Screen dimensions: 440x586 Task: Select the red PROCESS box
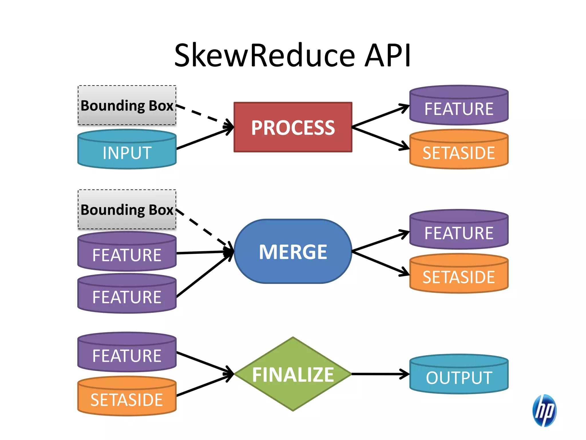point(293,127)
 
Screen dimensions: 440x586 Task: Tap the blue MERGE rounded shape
point(293,252)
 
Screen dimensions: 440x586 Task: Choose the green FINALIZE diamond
point(293,374)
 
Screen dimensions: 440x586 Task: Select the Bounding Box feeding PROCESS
point(127,105)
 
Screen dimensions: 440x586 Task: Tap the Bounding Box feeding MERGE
point(127,210)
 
